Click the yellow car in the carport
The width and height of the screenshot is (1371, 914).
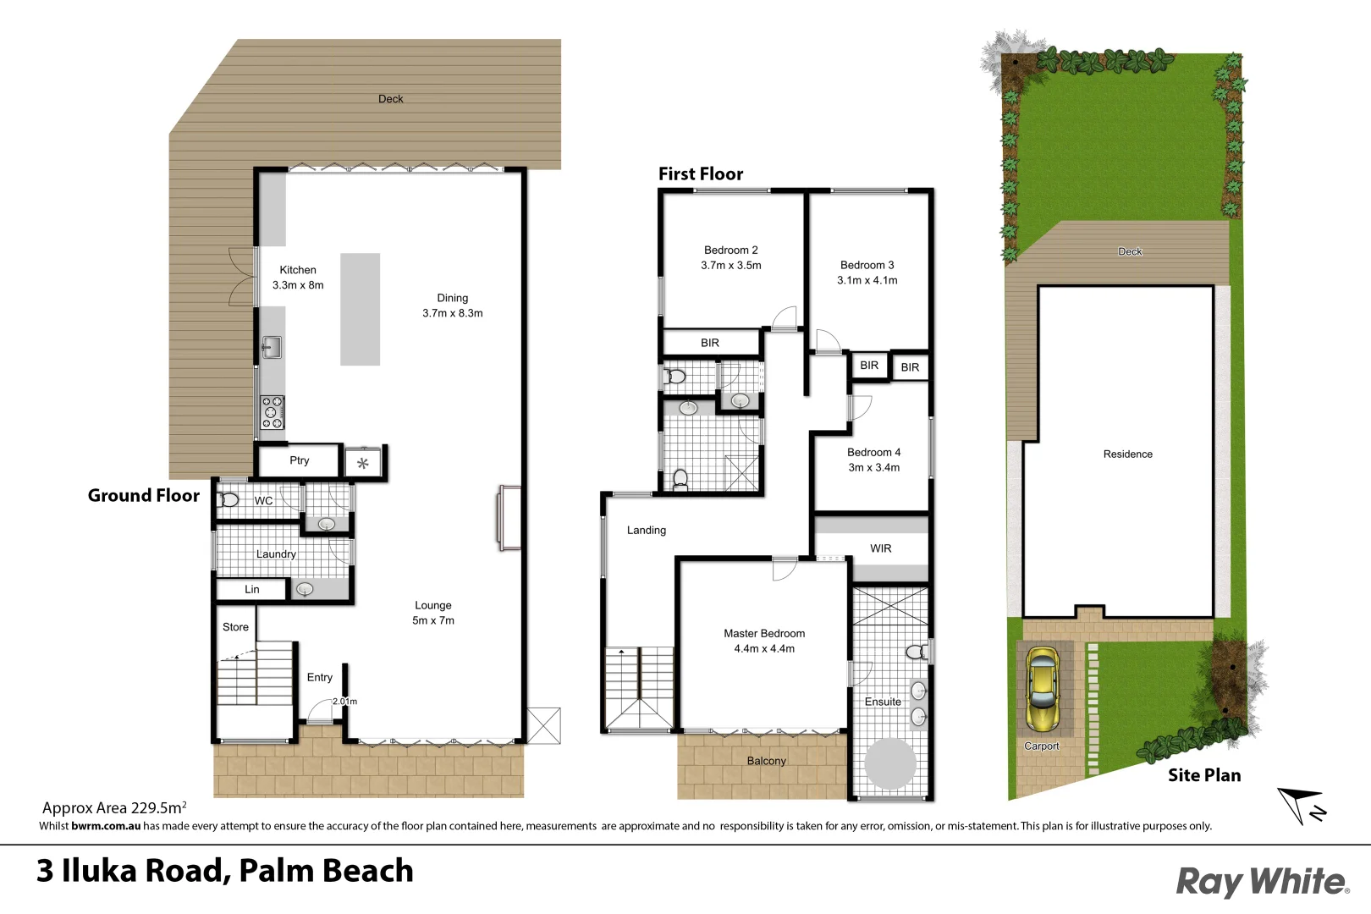(1042, 691)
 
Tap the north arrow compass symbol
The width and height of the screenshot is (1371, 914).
(1302, 805)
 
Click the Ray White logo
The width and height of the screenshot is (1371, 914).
(1262, 881)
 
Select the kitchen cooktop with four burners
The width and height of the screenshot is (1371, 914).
(272, 412)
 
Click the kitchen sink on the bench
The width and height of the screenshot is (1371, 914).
(271, 346)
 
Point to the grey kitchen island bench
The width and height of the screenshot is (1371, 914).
(360, 309)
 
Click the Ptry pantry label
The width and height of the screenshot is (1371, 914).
(299, 460)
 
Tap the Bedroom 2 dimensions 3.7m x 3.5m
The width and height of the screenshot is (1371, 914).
(730, 265)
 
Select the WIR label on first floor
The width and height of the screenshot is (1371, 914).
(880, 548)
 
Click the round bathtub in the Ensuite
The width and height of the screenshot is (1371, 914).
(889, 763)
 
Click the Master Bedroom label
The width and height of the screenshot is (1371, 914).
(763, 633)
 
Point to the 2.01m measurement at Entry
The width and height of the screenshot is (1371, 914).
(344, 701)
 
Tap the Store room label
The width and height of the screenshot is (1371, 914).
(235, 627)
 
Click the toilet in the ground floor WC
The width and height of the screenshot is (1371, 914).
(228, 499)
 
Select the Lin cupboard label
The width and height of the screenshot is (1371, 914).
(251, 589)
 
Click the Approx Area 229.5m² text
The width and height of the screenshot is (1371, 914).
(114, 807)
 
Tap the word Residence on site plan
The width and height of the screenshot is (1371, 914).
(1127, 454)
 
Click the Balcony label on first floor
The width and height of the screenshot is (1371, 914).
(766, 761)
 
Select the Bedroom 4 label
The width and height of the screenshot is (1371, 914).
(873, 452)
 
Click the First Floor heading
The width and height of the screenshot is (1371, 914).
(700, 173)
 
